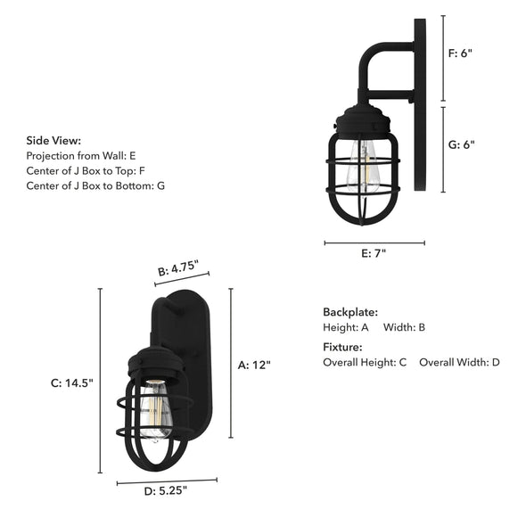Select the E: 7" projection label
[x=374, y=253]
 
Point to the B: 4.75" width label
[x=177, y=267]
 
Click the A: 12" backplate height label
[x=254, y=364]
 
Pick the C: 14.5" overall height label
[x=71, y=382]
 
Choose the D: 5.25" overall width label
[x=165, y=489]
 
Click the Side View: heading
[x=53, y=140]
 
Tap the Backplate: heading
[x=350, y=312]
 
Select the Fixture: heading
[x=342, y=347]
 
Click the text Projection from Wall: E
[x=81, y=155]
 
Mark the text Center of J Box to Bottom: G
[x=95, y=185]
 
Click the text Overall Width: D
[x=459, y=363]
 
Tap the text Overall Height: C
[x=365, y=363]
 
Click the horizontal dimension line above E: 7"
[x=374, y=242]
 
